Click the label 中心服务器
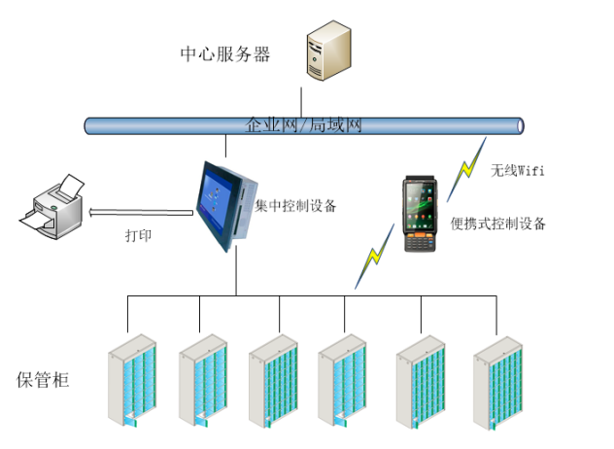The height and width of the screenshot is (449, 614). coord(224,53)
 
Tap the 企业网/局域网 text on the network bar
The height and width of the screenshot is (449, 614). coord(304,125)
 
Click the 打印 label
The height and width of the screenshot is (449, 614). coord(139,235)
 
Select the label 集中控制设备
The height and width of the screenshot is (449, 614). coord(295,206)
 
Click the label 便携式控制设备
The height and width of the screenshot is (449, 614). coord(498,224)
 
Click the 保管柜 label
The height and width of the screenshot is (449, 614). coord(44,378)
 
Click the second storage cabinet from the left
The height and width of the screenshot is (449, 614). coord(202,381)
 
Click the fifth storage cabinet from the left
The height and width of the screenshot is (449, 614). coord(420,381)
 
